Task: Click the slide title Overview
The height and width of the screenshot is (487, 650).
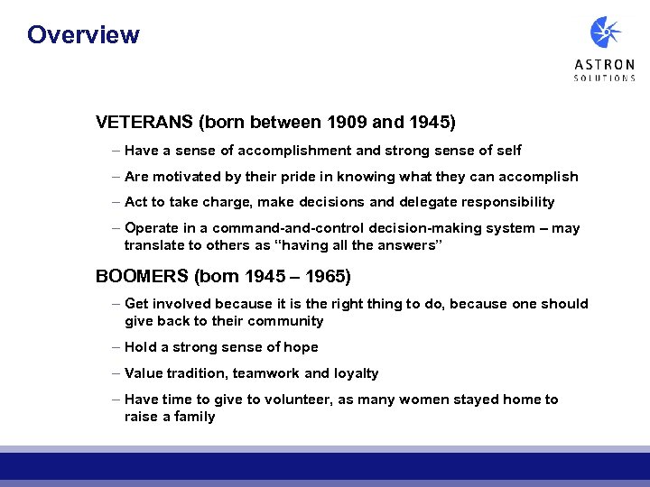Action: (83, 35)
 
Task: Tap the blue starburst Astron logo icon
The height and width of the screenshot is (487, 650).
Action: (605, 33)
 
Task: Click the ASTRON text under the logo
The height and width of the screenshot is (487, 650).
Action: (605, 65)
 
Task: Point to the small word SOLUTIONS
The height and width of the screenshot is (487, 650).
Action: (605, 78)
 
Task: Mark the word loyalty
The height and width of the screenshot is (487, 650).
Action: (355, 373)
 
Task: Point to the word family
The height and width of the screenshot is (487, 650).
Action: (193, 417)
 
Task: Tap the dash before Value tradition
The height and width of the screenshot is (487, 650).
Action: (117, 373)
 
